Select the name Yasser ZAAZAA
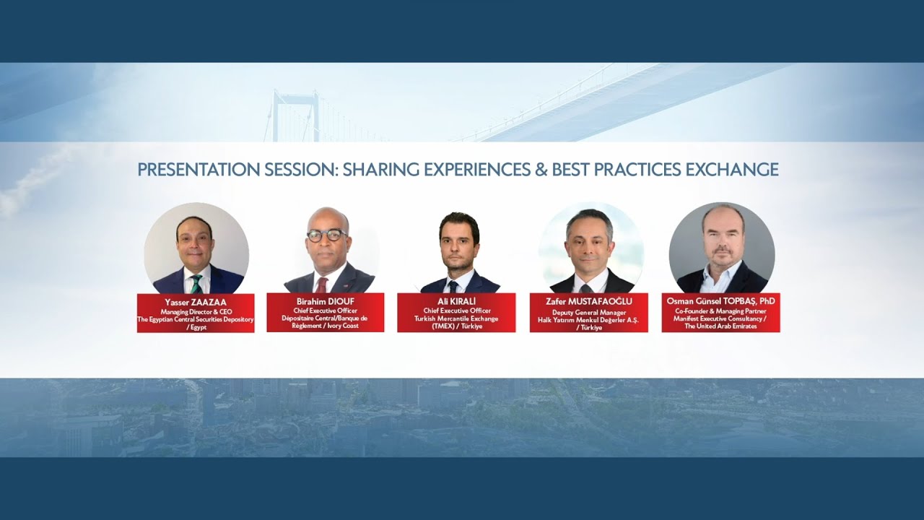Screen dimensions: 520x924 [x=195, y=303]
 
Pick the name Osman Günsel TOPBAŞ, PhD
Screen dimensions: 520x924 [x=720, y=301]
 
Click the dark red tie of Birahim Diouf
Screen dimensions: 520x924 [x=321, y=284]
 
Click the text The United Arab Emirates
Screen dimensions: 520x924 [x=720, y=326]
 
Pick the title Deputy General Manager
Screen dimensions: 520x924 [x=588, y=312]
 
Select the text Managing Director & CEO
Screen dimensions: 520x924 [x=195, y=312]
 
